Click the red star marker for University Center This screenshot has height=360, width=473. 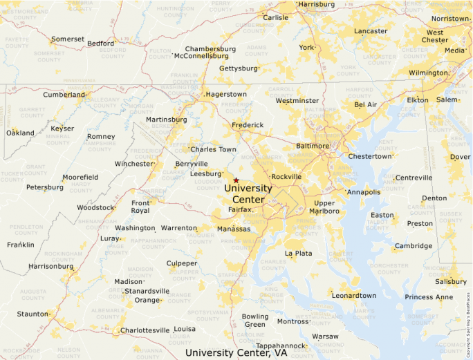(x=236, y=180)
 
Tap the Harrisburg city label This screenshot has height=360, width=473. (x=317, y=4)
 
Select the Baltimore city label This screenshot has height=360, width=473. (x=313, y=146)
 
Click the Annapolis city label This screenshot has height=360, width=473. (x=364, y=192)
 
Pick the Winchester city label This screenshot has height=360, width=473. (x=133, y=164)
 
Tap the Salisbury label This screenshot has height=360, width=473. (x=451, y=281)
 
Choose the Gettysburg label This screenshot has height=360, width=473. (x=238, y=68)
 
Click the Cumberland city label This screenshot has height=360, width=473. (x=64, y=95)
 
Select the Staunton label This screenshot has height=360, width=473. (x=33, y=314)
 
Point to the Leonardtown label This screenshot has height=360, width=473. (x=354, y=296)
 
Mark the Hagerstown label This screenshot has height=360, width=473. (x=225, y=94)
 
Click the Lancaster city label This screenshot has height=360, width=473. (x=371, y=31)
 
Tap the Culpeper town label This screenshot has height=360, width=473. (x=182, y=263)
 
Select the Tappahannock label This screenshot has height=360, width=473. (x=281, y=345)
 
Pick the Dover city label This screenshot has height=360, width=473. (x=461, y=157)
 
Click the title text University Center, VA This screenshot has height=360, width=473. (x=236, y=352)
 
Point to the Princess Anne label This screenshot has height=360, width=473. (x=429, y=297)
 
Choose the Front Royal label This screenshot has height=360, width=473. (x=140, y=207)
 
